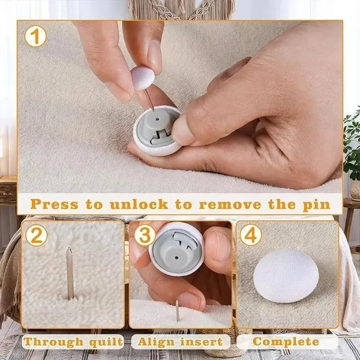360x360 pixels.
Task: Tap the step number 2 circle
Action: (36, 235)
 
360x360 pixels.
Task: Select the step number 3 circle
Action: (144, 235)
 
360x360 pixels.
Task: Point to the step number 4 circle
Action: (251, 235)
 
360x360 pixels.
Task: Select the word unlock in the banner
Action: (139, 203)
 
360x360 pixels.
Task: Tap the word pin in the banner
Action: (314, 203)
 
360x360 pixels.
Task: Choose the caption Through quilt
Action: (73, 342)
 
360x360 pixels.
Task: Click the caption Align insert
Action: (181, 342)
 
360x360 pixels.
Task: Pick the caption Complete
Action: (286, 342)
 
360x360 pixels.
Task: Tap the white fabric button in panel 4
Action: (286, 276)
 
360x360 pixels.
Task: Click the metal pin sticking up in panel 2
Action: (70, 273)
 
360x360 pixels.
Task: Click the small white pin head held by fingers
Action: (143, 78)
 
